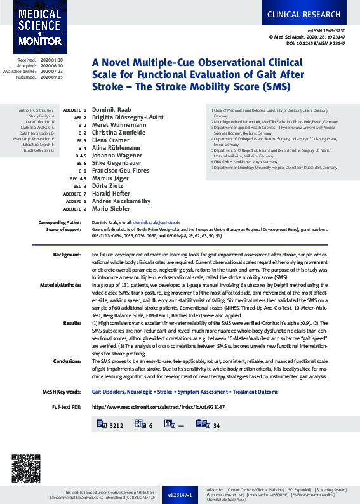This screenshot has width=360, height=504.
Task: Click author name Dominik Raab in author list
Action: coord(111,110)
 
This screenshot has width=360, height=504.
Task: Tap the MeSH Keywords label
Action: coord(62,392)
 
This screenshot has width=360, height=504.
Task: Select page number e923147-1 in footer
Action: coord(180,494)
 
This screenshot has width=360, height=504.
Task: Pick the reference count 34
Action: coord(217,425)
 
